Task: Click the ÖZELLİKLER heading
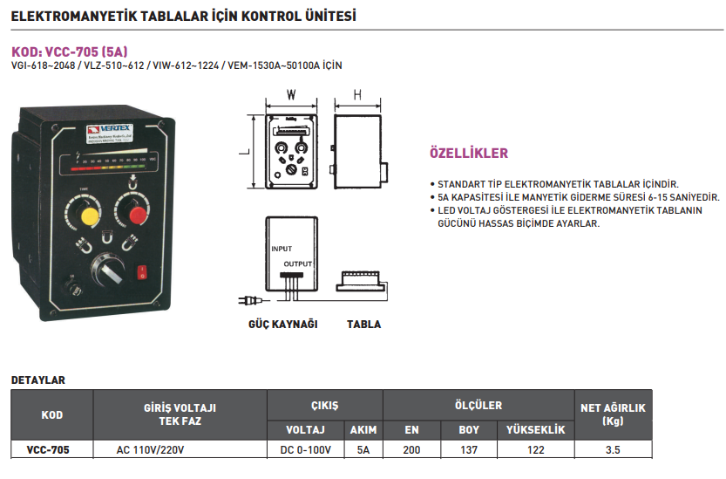pos(469,154)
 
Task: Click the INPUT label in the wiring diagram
pos(282,249)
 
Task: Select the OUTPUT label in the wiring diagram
pos(297,263)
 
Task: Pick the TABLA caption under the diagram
pos(363,325)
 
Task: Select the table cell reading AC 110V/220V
pos(151,450)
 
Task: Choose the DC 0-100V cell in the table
pos(305,450)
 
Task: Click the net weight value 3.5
pos(612,450)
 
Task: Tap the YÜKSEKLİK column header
pos(535,429)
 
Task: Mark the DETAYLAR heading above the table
pos(37,380)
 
